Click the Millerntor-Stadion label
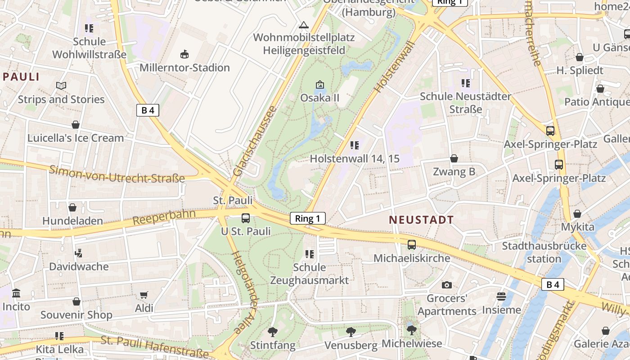(x=184, y=68)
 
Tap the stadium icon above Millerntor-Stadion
(x=184, y=55)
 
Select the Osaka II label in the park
(x=319, y=98)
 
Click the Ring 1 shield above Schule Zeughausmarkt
(x=308, y=219)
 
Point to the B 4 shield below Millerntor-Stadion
(x=148, y=110)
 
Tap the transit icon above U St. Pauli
(x=246, y=218)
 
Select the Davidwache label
(x=79, y=266)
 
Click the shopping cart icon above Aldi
(x=144, y=295)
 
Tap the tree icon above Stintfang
(x=272, y=332)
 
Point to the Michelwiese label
(x=412, y=343)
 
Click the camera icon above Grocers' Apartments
(x=446, y=285)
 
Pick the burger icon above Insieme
(x=501, y=297)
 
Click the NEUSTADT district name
(x=421, y=220)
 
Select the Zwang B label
(x=454, y=171)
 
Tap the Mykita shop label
(x=577, y=227)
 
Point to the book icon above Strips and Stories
(x=61, y=85)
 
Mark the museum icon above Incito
(x=16, y=293)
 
